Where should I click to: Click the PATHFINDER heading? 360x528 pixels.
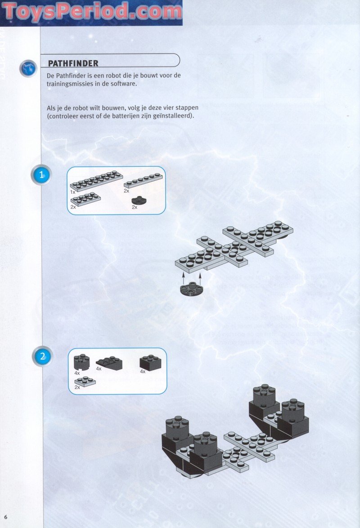click(x=73, y=63)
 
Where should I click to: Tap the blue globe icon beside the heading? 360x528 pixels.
click(x=28, y=69)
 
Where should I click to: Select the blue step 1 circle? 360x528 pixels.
click(x=42, y=175)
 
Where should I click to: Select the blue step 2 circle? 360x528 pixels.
click(x=42, y=357)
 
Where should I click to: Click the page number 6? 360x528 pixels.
click(x=6, y=516)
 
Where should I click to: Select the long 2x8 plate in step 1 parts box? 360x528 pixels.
click(x=96, y=180)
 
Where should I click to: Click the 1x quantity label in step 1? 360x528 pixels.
click(x=72, y=192)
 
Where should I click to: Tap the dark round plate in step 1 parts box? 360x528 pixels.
click(x=136, y=200)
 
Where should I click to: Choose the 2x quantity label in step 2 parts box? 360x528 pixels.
click(x=77, y=387)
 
